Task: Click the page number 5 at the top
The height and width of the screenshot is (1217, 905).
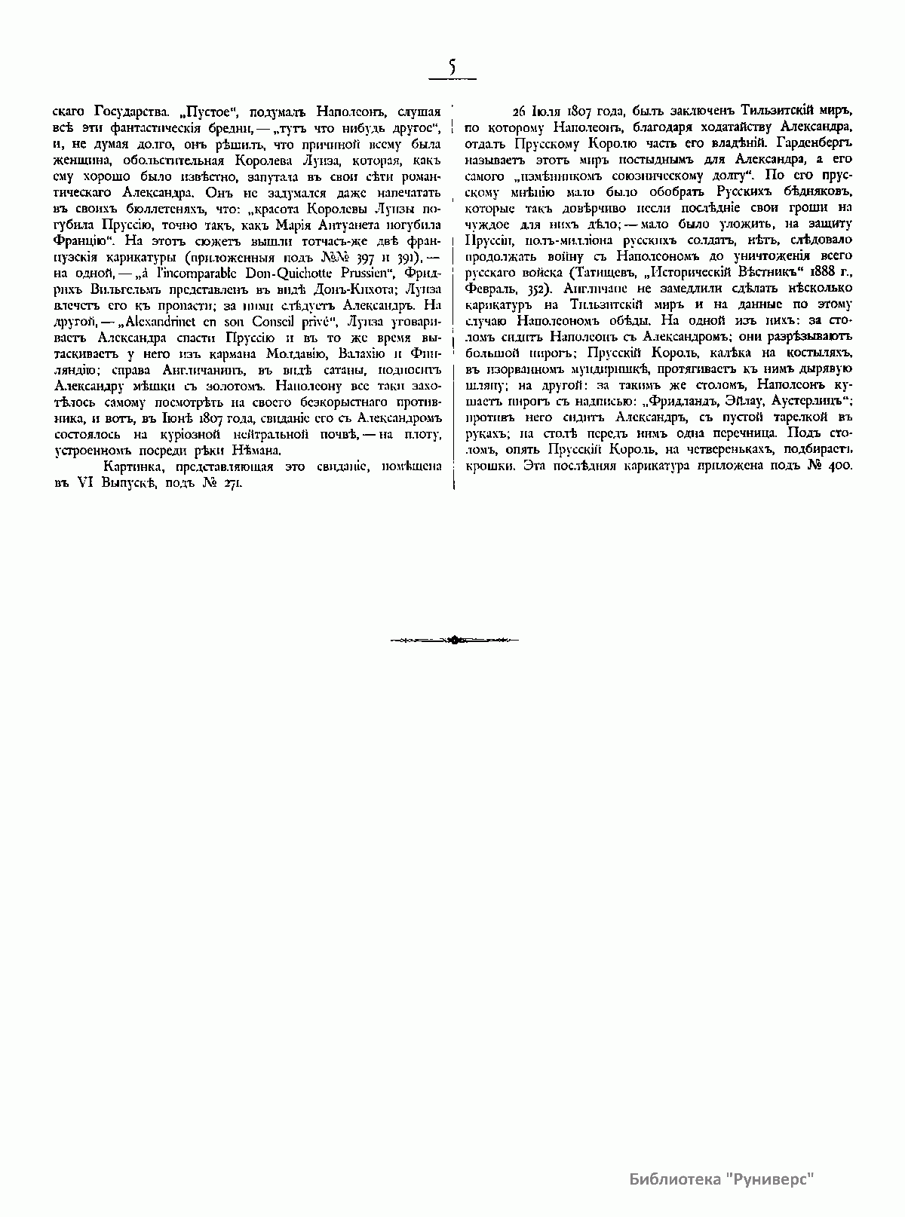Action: pos(452,68)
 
